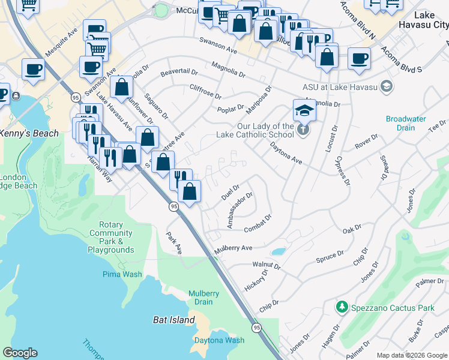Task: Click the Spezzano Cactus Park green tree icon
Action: pyautogui.click(x=342, y=307)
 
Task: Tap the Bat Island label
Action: pyautogui.click(x=173, y=320)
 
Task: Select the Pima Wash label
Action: pyautogui.click(x=122, y=274)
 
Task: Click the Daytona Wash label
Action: pyautogui.click(x=219, y=340)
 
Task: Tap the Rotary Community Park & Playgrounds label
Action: pyautogui.click(x=110, y=237)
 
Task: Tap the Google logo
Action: pyautogui.click(x=20, y=353)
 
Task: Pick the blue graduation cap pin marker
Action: pyautogui.click(x=304, y=110)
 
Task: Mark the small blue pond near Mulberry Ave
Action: pyautogui.click(x=278, y=251)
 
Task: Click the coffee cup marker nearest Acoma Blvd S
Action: pyautogui.click(x=359, y=59)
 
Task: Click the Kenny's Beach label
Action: pyautogui.click(x=29, y=133)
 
